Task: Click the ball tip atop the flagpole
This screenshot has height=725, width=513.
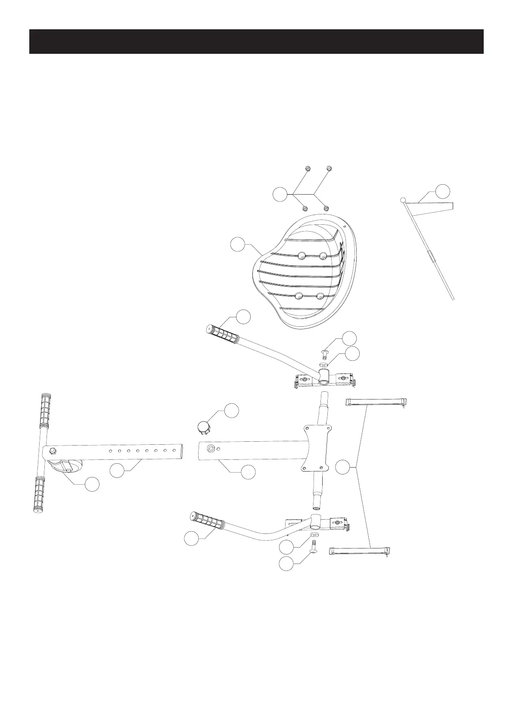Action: (403, 200)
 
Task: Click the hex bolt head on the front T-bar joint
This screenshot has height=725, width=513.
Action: (53, 450)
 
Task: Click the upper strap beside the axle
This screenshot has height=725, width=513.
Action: (376, 402)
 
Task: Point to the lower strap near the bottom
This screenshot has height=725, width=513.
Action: (360, 551)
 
